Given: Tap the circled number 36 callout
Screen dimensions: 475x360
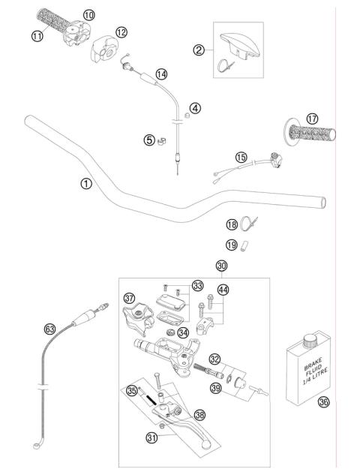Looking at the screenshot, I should [x=323, y=401].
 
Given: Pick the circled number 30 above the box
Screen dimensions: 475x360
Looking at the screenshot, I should [x=220, y=266].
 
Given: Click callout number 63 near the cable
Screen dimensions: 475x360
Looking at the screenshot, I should [x=50, y=328].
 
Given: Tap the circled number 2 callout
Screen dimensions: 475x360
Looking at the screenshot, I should [x=199, y=50].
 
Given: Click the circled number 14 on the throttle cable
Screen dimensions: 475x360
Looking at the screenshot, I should [x=160, y=73].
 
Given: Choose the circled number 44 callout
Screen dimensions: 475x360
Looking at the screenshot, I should [x=223, y=290].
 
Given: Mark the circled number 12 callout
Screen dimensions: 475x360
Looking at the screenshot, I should [x=121, y=32].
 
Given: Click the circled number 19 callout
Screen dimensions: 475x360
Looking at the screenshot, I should [x=232, y=245].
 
